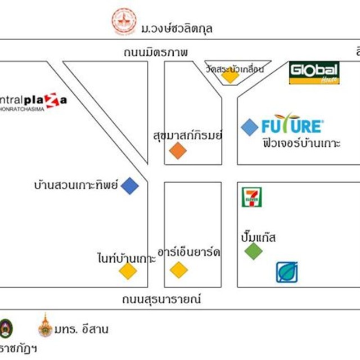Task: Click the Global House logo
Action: coord(314,73)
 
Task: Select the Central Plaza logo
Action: coord(34,102)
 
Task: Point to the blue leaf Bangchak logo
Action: coord(287,272)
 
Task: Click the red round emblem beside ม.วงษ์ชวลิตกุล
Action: coord(124,21)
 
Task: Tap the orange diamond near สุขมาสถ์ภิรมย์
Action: coord(178,150)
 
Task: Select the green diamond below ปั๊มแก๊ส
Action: coord(254,251)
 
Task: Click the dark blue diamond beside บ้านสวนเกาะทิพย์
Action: coord(130,185)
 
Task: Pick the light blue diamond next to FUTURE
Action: coord(249,128)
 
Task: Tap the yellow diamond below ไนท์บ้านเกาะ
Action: coord(128,271)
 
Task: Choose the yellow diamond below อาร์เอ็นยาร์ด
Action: coord(179,269)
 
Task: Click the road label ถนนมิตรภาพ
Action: coord(156,52)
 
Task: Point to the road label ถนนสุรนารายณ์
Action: coord(161,299)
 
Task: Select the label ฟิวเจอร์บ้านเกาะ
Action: coord(301,143)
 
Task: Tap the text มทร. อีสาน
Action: coord(82,329)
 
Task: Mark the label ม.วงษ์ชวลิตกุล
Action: coord(177,28)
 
